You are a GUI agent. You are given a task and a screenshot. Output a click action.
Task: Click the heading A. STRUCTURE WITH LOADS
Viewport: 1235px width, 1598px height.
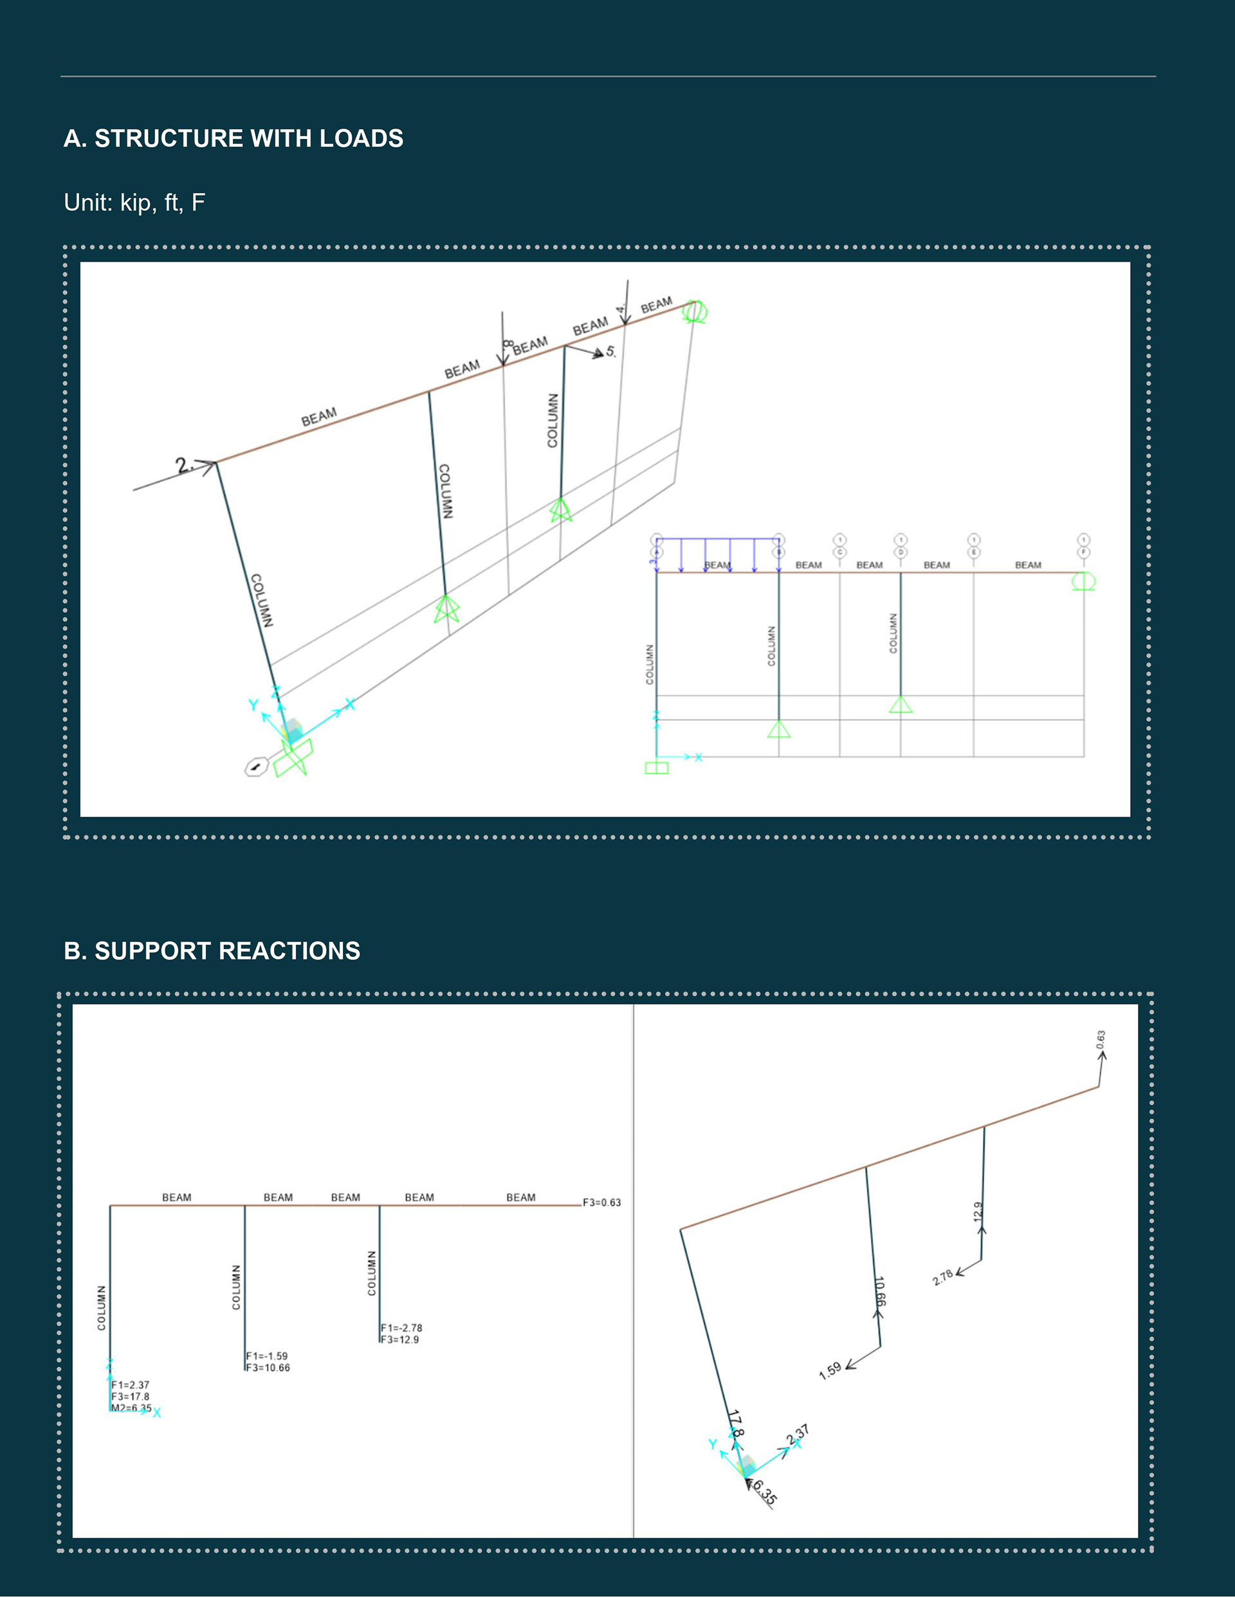pos(233,138)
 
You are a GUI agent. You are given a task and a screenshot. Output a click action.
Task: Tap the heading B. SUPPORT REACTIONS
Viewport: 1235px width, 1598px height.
pos(212,950)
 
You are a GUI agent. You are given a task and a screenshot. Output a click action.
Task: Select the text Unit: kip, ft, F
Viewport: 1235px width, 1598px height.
pos(134,203)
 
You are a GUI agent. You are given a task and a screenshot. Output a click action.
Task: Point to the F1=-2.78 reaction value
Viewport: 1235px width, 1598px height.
pos(401,1327)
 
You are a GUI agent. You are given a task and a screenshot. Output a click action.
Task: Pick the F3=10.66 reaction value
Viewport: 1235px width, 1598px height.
pos(268,1368)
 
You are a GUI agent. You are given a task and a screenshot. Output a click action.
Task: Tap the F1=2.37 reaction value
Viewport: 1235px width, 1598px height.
pos(131,1385)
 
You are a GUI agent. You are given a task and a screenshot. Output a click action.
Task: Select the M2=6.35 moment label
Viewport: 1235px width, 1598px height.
pos(131,1408)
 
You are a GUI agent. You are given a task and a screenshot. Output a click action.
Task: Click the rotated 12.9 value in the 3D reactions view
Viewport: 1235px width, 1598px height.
pos(977,1211)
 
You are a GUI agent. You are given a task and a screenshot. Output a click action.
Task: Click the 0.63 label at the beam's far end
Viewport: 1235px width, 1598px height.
pos(1101,1039)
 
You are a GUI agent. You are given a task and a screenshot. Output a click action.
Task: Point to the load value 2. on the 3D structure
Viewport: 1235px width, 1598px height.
pos(184,465)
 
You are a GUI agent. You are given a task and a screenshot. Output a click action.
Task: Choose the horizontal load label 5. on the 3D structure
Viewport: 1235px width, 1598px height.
pos(610,352)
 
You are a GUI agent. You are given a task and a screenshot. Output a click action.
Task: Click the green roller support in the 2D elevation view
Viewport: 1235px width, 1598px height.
pos(1083,582)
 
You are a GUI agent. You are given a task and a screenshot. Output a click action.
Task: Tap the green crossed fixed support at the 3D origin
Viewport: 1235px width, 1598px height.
pos(293,758)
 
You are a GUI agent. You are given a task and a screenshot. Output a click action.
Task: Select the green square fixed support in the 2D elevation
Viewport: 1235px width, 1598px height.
pos(656,768)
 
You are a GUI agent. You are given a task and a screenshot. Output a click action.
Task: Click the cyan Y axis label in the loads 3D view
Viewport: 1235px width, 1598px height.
pos(253,705)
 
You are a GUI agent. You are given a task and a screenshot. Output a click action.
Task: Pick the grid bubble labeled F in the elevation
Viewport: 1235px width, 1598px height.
pos(1083,552)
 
